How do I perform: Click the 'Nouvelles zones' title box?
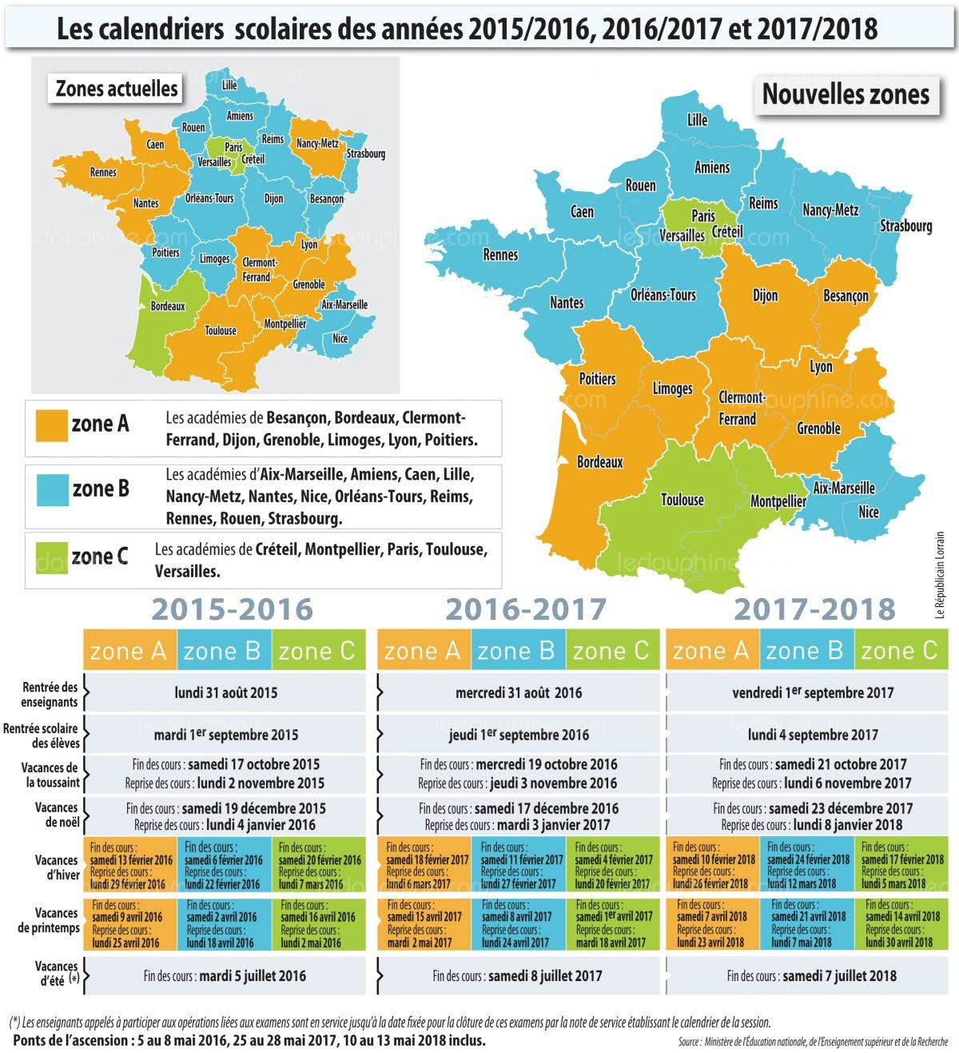coord(846,94)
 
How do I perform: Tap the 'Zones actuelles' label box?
coord(117,88)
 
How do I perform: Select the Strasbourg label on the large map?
coord(905,225)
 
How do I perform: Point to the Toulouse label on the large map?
coord(682,500)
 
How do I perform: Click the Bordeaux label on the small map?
coord(168,306)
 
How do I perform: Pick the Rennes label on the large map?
coord(500,255)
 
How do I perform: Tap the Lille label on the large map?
coord(697,120)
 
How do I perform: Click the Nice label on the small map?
coord(340,338)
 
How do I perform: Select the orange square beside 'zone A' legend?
coord(51,425)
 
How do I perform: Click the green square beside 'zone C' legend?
coord(51,557)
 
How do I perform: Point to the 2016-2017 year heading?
coord(526,610)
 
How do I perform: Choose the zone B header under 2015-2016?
coord(223,651)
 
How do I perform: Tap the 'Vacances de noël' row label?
coord(57,815)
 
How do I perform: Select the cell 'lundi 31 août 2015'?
coord(225,692)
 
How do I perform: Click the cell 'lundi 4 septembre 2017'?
coord(813,735)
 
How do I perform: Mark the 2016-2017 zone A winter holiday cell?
coord(426,865)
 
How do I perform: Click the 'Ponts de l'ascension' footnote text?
coord(249,1040)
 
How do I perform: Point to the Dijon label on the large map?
coord(765,295)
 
